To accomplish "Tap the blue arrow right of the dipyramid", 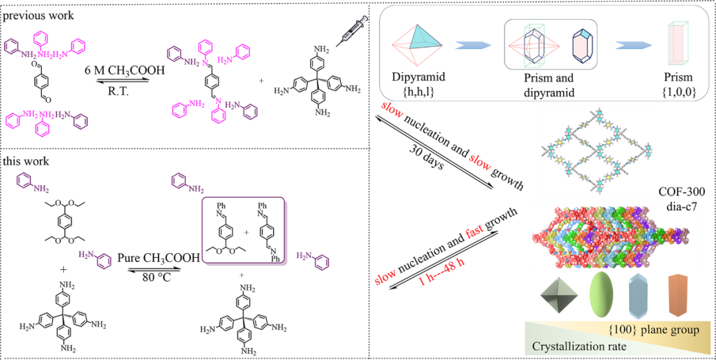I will point(473,45).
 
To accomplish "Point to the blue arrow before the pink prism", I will point(632,45).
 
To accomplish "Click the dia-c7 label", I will point(682,208).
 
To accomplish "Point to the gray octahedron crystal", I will point(559,296).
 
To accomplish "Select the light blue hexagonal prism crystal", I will point(640,295).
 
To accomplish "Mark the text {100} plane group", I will point(653,330).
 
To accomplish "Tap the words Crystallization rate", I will point(579,346).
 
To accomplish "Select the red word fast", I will point(475,232).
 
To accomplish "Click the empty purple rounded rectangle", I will point(245,231).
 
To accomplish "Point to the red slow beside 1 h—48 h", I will point(386,277).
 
